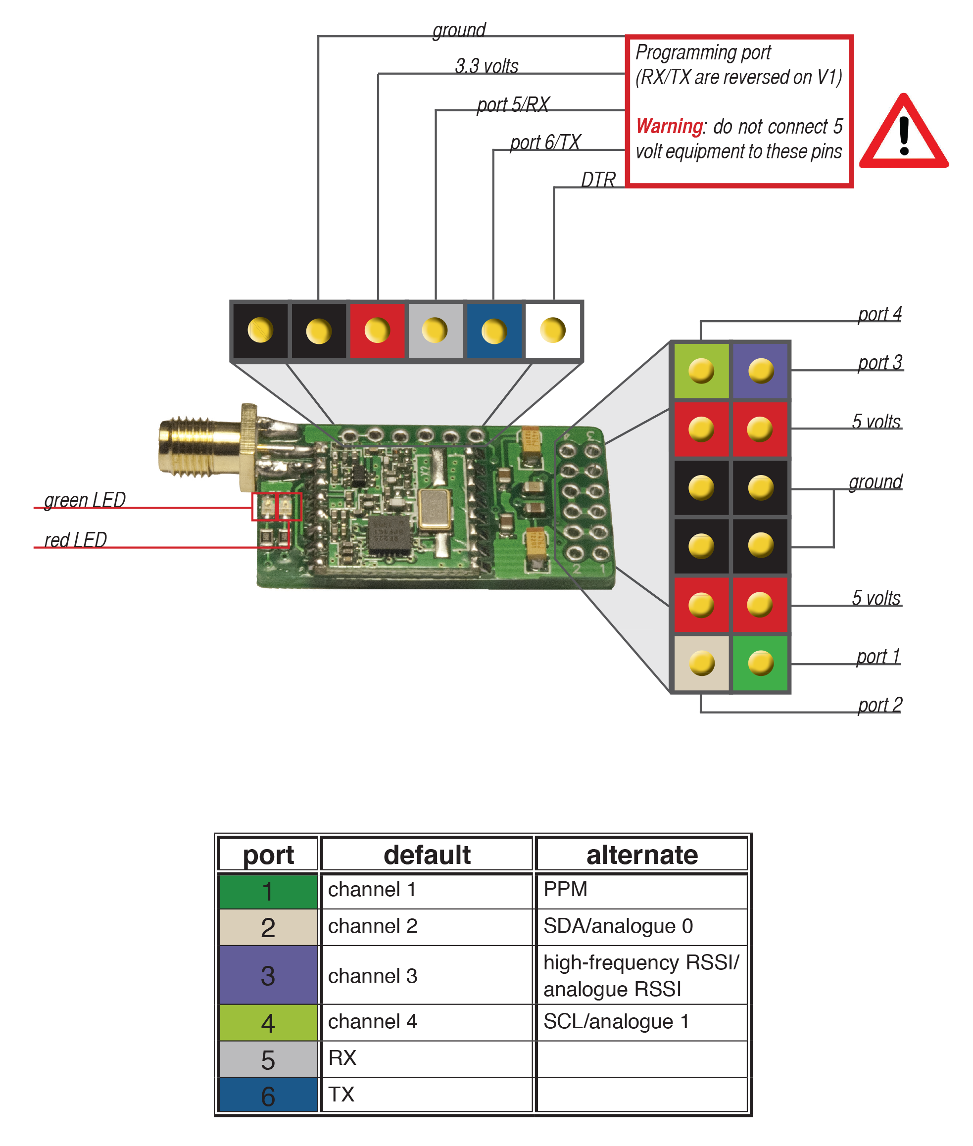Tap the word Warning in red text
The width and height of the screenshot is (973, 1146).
[669, 126]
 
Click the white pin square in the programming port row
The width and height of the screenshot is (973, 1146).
[553, 331]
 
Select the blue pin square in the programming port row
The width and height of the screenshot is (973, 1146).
[493, 331]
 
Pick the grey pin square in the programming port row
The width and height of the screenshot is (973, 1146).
[435, 331]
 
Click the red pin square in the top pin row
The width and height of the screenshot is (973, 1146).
[377, 331]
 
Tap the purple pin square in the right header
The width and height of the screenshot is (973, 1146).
[760, 371]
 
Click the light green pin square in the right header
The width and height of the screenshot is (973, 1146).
[701, 371]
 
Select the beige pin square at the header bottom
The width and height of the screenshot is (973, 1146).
[701, 663]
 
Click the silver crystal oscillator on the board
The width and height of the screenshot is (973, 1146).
[434, 509]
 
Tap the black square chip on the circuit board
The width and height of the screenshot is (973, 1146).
[389, 534]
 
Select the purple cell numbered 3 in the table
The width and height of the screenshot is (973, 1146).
[268, 975]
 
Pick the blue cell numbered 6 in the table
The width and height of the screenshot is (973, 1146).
[268, 1095]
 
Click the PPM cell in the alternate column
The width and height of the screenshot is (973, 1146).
[640, 890]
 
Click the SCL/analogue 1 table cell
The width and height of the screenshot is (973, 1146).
[640, 1021]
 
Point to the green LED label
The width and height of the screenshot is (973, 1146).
[85, 500]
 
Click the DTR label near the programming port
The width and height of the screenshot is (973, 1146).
[598, 180]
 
